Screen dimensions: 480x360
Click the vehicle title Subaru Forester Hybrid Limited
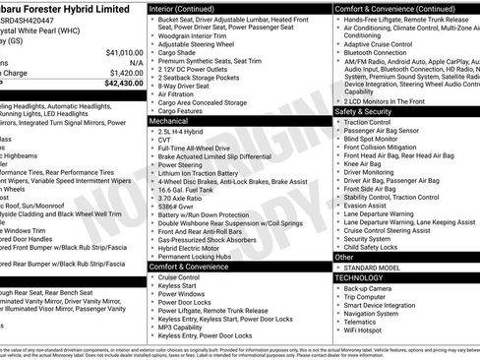(x=69, y=7)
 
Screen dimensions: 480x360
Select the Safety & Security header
(x=370, y=111)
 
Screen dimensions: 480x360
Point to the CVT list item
(x=165, y=140)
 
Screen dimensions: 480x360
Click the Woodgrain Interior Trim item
(x=202, y=34)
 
